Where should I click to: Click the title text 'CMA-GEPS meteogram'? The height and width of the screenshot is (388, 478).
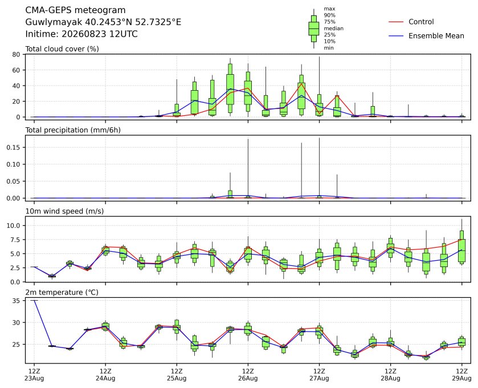click(x=75, y=10)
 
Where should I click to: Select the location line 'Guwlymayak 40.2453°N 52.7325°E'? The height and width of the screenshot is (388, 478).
click(x=103, y=22)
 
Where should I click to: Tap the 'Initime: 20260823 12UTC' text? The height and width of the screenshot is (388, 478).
click(x=81, y=34)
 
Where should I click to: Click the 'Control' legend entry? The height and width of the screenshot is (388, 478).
click(x=421, y=22)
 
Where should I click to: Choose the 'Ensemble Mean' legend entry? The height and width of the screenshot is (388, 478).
click(x=436, y=36)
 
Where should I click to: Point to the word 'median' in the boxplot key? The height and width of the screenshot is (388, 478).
click(x=333, y=29)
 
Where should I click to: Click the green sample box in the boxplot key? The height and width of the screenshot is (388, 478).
click(x=314, y=29)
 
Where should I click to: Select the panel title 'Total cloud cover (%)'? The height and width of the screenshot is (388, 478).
click(x=62, y=49)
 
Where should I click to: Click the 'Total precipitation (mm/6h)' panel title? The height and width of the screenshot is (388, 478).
click(x=73, y=130)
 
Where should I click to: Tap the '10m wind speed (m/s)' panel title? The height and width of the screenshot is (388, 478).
click(x=64, y=211)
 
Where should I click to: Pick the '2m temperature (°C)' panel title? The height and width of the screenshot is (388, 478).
click(x=62, y=293)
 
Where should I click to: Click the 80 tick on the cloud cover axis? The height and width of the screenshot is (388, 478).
click(x=16, y=55)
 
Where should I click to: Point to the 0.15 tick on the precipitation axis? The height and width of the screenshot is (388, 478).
click(x=13, y=147)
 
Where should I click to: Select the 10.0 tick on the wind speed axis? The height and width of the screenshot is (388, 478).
click(x=14, y=225)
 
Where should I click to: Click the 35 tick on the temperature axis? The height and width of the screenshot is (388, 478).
click(x=17, y=301)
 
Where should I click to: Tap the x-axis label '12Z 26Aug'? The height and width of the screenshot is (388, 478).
click(x=248, y=375)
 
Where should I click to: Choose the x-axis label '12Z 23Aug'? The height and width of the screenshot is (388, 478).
click(x=34, y=375)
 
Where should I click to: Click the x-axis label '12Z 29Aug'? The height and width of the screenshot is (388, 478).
click(x=461, y=375)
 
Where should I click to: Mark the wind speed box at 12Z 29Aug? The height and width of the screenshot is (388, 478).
click(x=461, y=246)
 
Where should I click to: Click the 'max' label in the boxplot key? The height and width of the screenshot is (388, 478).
click(x=329, y=9)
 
